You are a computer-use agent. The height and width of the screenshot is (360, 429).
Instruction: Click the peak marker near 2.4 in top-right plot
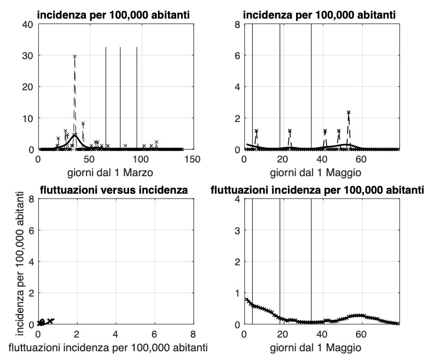click(x=349, y=112)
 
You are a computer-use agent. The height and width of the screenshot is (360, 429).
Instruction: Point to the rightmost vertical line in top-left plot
click(x=137, y=98)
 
